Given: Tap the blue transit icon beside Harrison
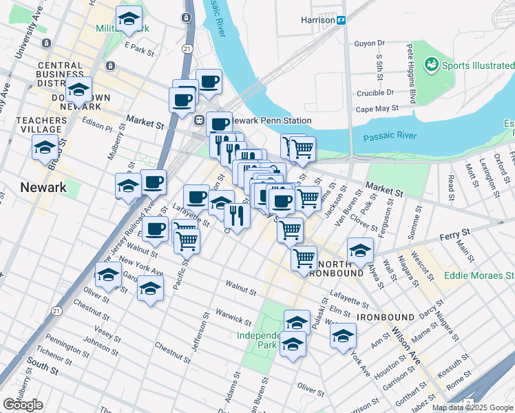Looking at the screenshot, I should coord(341,20).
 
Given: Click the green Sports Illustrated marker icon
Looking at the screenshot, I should coord(432,65).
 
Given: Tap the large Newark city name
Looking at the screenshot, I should coord(43,187).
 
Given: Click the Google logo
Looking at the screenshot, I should coord(23,405).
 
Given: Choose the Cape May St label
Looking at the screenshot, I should coord(377,109).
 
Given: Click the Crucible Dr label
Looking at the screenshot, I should coord(375,92).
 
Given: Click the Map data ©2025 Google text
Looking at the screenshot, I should coord(472,407).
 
